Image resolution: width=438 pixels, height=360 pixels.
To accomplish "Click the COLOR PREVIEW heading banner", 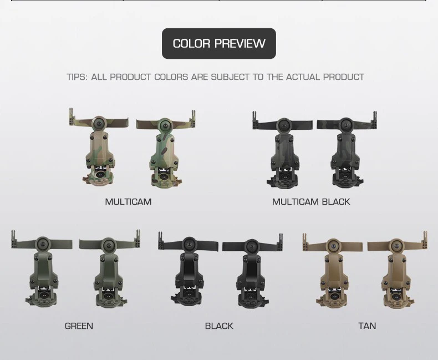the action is click(218, 43).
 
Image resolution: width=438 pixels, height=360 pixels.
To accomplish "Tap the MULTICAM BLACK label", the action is click(311, 201).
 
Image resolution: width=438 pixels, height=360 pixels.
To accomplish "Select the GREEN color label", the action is click(79, 326).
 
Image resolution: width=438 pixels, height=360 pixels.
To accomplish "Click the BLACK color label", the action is click(219, 326).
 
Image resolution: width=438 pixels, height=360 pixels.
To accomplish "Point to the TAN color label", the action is click(367, 326).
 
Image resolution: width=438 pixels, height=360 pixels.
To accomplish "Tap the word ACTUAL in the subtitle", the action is click(303, 77).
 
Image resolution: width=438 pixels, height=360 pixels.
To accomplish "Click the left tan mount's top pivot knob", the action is click(333, 246).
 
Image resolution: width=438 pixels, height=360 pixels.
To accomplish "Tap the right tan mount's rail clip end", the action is click(425, 240).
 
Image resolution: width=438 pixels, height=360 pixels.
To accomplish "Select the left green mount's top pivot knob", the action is click(43, 244).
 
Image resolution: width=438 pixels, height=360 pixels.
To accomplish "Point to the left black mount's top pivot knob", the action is click(190, 244).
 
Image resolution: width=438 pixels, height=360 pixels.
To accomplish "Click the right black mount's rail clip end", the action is click(280, 242).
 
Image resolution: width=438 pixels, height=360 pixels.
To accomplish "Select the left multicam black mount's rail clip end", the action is click(255, 120).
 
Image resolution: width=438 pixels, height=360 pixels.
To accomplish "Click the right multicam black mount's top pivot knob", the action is click(346, 125).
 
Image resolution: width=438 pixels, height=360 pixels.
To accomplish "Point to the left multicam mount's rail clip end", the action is click(72, 117).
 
